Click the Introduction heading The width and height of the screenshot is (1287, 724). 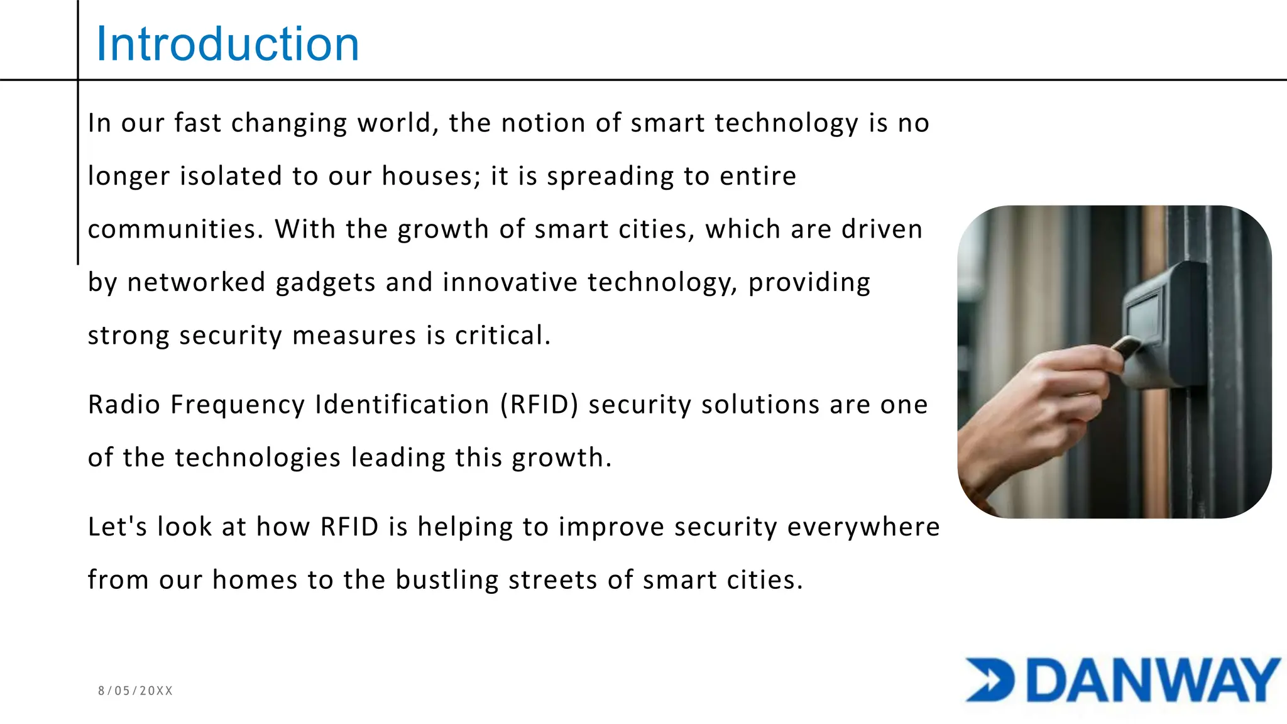pyautogui.click(x=227, y=44)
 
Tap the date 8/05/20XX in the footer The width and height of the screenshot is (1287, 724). pyautogui.click(x=135, y=691)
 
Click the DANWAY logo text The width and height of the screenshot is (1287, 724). pyautogui.click(x=1154, y=681)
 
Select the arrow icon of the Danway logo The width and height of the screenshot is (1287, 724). pyautogui.click(x=990, y=680)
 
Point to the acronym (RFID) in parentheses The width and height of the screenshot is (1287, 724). pyautogui.click(x=539, y=404)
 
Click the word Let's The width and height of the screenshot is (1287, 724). pyautogui.click(x=118, y=527)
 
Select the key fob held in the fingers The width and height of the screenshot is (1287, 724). pyautogui.click(x=1126, y=346)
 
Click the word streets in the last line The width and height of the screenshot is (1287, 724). pyautogui.click(x=552, y=579)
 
